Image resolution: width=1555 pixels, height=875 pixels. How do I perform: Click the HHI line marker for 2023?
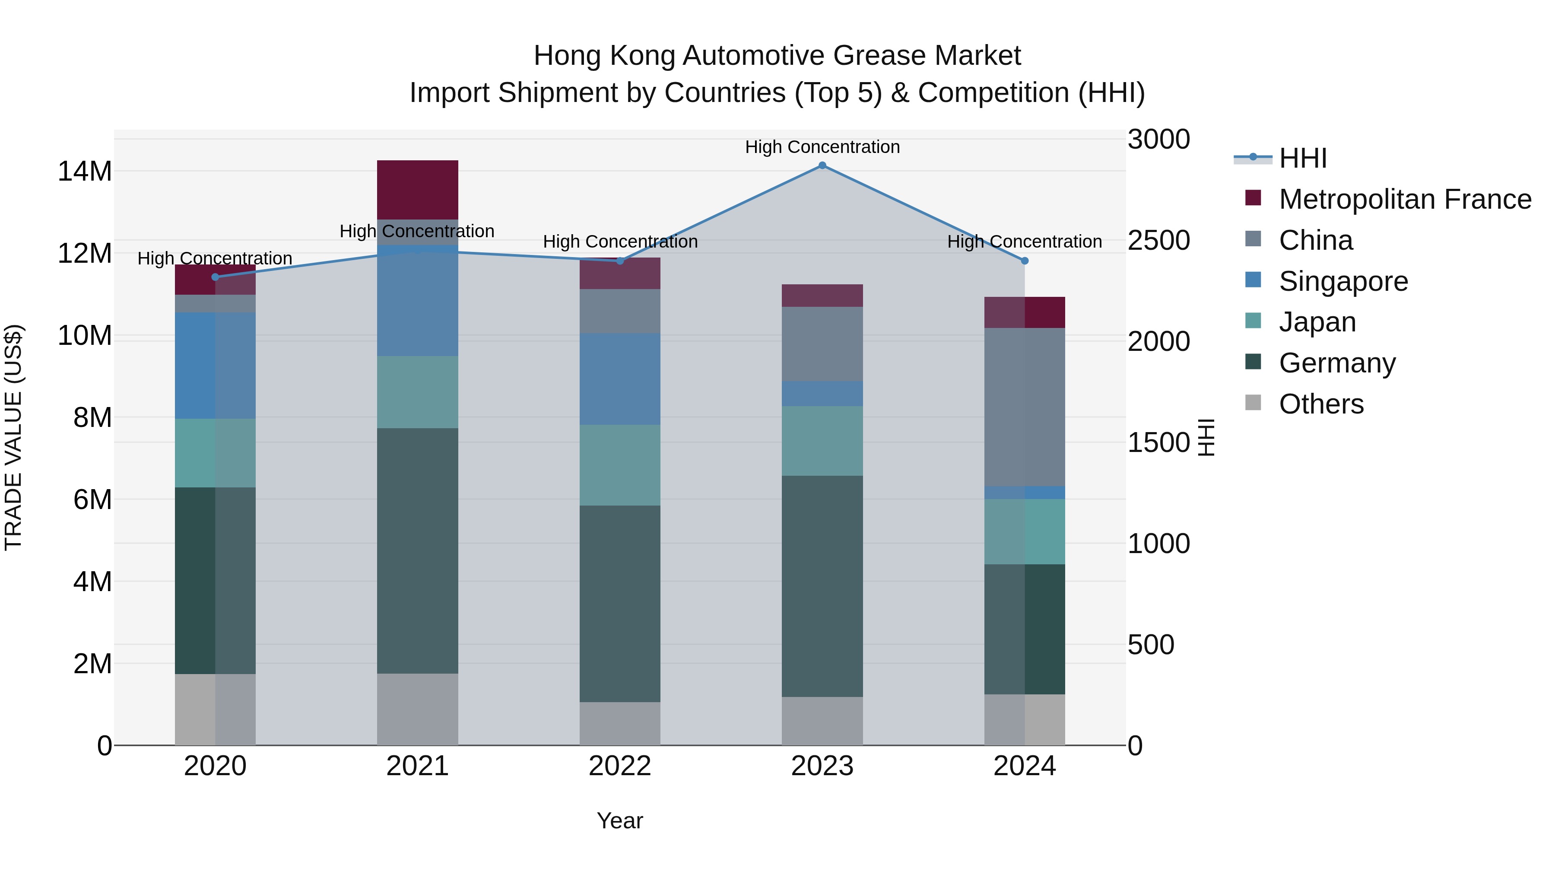[822, 165]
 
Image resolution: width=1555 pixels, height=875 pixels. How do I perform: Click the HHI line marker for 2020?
[215, 277]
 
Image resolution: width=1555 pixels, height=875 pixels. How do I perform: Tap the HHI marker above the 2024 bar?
[1025, 261]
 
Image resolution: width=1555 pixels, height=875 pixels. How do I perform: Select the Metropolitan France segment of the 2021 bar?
[417, 190]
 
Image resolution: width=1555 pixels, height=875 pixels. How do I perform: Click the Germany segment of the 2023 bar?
[822, 586]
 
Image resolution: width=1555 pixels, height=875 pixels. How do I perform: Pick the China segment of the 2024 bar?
[1025, 407]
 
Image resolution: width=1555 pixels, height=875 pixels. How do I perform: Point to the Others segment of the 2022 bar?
[620, 723]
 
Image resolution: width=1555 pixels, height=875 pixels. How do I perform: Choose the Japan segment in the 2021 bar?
[417, 392]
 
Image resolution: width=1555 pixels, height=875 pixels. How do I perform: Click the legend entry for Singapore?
[1343, 281]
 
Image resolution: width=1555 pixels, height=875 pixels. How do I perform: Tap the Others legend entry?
[1321, 404]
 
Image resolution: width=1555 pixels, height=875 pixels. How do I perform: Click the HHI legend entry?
[1303, 158]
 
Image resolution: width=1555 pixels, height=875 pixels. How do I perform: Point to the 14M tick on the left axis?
[85, 172]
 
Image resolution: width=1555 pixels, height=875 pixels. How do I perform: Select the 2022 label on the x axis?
[620, 766]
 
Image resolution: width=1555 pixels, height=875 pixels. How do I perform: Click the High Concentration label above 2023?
[822, 147]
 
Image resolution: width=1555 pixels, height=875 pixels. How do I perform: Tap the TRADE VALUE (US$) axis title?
[13, 437]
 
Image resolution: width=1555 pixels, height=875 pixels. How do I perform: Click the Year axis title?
[620, 821]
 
